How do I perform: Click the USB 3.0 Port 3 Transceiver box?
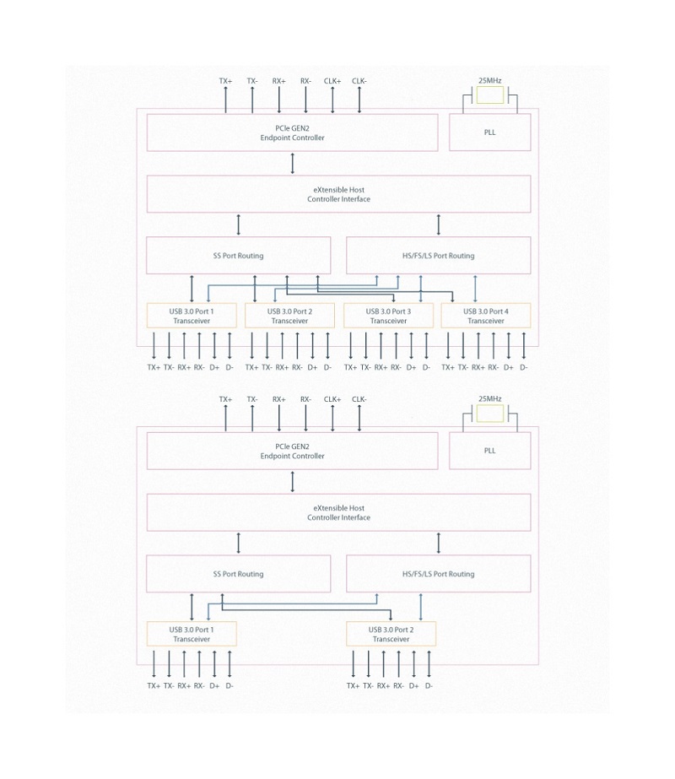(x=388, y=316)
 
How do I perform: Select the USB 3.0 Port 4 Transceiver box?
(x=486, y=316)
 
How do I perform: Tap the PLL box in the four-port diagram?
(x=489, y=133)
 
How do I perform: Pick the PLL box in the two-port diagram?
(x=489, y=451)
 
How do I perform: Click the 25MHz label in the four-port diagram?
(x=489, y=80)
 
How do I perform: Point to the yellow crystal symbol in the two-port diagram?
(x=489, y=414)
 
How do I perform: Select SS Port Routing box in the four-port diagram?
(x=239, y=256)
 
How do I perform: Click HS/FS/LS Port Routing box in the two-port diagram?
(x=438, y=574)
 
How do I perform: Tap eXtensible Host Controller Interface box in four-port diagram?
(x=338, y=194)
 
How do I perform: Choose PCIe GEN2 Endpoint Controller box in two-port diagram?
(x=292, y=451)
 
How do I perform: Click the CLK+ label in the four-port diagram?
(x=332, y=81)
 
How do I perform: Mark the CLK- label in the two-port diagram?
(x=359, y=399)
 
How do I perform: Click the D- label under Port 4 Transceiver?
(x=523, y=368)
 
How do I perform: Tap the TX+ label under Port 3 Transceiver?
(x=351, y=368)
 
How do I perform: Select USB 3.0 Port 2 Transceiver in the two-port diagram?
(x=391, y=635)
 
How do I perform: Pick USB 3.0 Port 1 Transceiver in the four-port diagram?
(x=192, y=316)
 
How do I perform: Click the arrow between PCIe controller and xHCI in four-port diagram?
(x=293, y=163)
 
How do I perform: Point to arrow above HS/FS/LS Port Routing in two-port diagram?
(x=439, y=543)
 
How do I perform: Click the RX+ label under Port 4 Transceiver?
(x=478, y=368)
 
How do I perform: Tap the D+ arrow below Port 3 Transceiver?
(x=411, y=345)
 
